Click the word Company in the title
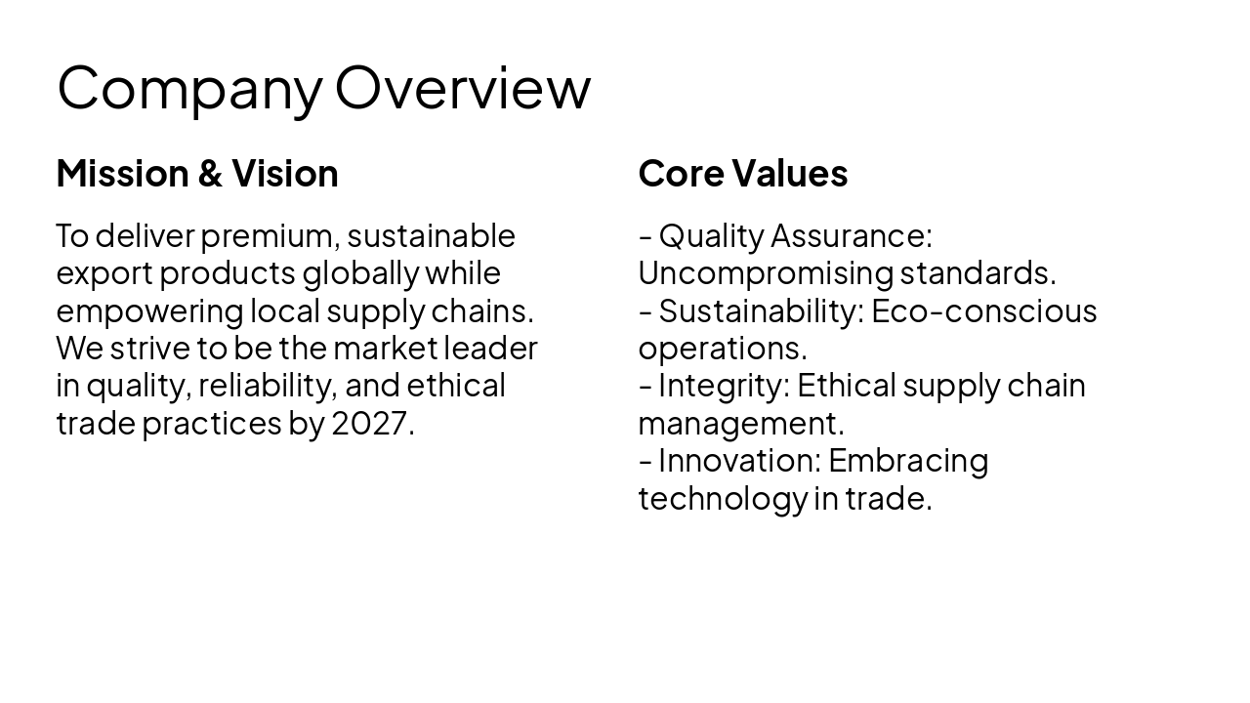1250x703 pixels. pyautogui.click(x=189, y=88)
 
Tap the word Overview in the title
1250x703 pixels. pyautogui.click(x=463, y=88)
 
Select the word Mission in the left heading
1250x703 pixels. pyautogui.click(x=122, y=174)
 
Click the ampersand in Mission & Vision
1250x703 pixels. pyautogui.click(x=210, y=174)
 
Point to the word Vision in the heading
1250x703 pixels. pyautogui.click(x=284, y=174)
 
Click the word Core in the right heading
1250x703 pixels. pyautogui.click(x=681, y=174)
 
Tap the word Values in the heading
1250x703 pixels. pyautogui.click(x=790, y=174)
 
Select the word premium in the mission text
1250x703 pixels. pyautogui.click(x=267, y=236)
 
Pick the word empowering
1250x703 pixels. pyautogui.click(x=149, y=311)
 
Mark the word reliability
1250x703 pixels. pyautogui.click(x=267, y=386)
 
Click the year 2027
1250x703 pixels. pyautogui.click(x=372, y=424)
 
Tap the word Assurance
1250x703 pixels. pyautogui.click(x=851, y=236)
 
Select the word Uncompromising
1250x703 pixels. pyautogui.click(x=765, y=273)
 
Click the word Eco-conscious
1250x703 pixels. pyautogui.click(x=983, y=311)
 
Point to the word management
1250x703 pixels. pyautogui.click(x=740, y=424)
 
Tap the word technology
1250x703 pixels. pyautogui.click(x=722, y=498)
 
